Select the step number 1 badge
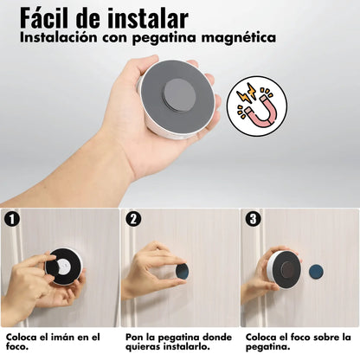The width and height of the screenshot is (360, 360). point(12,219)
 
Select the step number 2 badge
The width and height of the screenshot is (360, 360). point(132,219)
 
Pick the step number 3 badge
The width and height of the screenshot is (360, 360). point(252,219)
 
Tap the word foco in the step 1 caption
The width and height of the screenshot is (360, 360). point(19,347)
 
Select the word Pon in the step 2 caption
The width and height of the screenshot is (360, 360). point(134,336)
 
